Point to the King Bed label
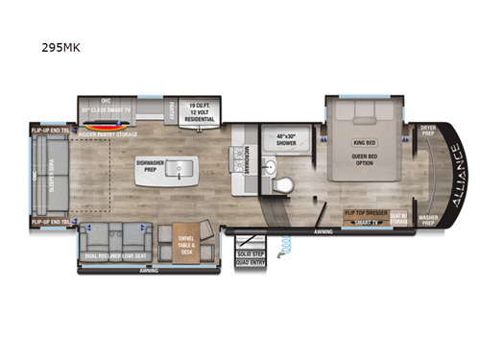click(x=366, y=141)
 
